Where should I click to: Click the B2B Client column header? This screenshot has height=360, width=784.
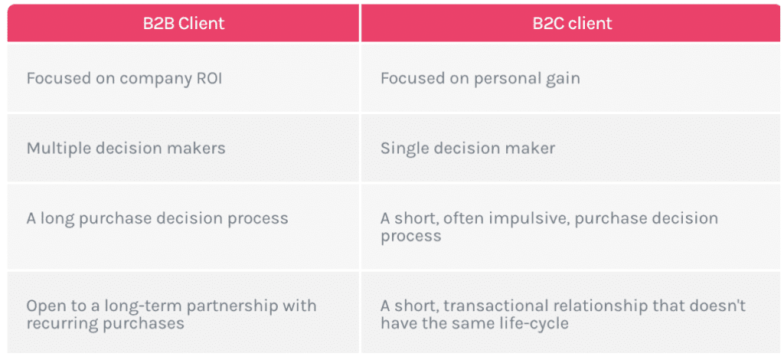coord(184,23)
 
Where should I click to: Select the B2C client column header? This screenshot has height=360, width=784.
coord(572,23)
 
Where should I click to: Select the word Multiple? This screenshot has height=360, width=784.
coord(55,149)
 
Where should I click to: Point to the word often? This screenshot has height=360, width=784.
coord(461,218)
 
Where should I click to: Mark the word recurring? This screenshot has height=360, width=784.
coord(61,323)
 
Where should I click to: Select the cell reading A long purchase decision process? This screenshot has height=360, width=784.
coord(184,227)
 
